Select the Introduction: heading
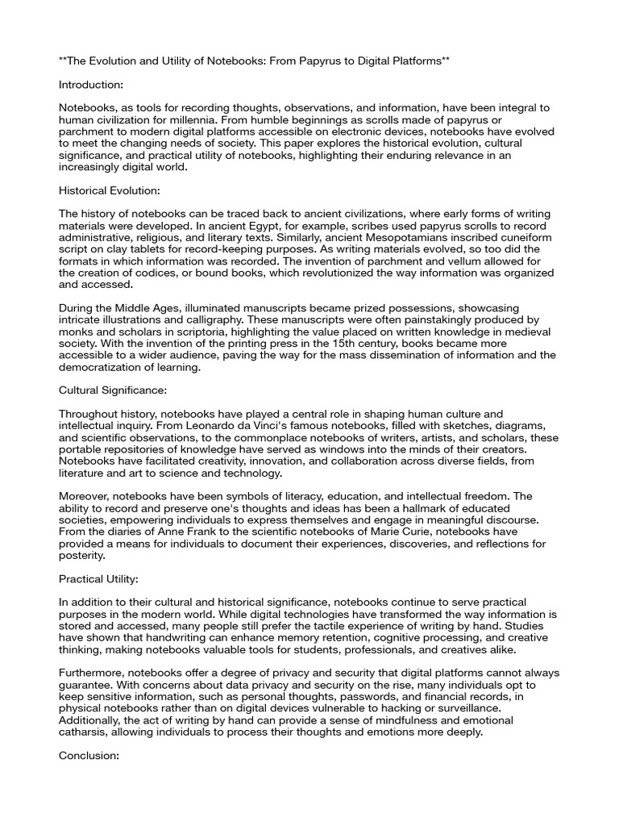point(92,84)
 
